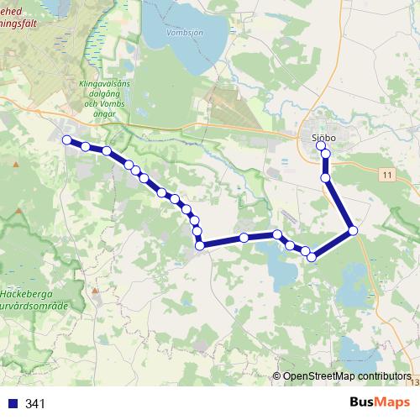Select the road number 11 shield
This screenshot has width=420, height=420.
386,175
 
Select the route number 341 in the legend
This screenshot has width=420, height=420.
35,403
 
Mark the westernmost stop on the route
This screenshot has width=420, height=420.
66,139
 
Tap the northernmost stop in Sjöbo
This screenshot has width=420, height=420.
321,146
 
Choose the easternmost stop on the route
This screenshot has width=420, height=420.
353,230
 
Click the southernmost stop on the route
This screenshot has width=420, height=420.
312,257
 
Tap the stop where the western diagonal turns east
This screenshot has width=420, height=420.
200,244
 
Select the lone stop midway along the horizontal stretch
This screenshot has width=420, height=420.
244,238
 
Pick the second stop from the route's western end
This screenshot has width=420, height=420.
86,147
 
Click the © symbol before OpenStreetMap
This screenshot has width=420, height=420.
277,376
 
